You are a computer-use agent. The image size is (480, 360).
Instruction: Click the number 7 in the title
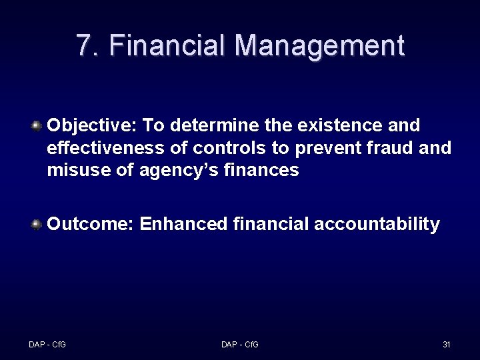84,45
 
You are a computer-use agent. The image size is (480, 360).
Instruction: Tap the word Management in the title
319,45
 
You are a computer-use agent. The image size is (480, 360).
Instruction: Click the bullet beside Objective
37,125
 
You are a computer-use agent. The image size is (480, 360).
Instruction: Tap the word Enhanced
184,224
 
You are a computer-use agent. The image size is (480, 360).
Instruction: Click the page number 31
447,345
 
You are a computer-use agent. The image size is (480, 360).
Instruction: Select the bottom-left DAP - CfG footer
47,345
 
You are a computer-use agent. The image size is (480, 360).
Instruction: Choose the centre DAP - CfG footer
240,345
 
